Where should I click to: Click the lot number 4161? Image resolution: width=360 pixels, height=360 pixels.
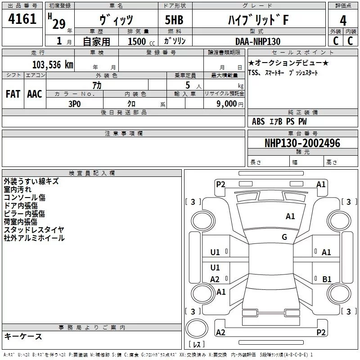click(x=22, y=18)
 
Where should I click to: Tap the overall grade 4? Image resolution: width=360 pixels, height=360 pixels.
click(x=343, y=20)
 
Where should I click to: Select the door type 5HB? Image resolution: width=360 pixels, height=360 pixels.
click(x=174, y=20)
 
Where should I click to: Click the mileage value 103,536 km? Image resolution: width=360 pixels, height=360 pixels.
click(x=53, y=65)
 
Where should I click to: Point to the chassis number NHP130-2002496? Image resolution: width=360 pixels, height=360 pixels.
click(x=302, y=143)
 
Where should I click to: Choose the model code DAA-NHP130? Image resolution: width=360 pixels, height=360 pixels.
click(x=257, y=41)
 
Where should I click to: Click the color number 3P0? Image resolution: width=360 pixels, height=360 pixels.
click(x=74, y=104)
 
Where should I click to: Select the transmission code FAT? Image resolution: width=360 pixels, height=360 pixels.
click(x=13, y=94)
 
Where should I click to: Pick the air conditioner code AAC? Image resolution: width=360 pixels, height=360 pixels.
click(x=35, y=94)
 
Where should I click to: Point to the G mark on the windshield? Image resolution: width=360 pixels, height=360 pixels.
click(x=284, y=237)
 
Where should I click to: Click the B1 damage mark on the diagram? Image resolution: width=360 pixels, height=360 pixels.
click(x=327, y=279)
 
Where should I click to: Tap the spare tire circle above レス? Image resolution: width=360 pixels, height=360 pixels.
click(x=197, y=328)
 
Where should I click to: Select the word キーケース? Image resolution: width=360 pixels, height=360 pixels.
click(x=23, y=336)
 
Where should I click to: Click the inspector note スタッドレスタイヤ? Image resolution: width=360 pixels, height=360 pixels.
click(x=34, y=229)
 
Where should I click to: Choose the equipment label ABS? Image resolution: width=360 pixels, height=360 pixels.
click(x=258, y=121)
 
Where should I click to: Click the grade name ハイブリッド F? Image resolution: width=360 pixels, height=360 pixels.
click(x=258, y=20)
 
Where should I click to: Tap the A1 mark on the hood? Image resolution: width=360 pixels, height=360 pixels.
click(x=290, y=216)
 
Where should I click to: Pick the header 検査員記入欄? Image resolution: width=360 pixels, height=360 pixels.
click(x=92, y=173)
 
